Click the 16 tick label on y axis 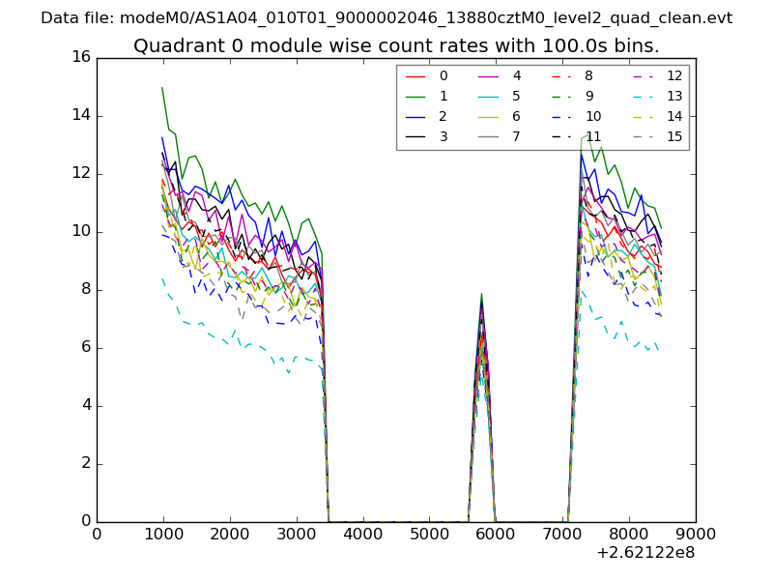tap(80, 57)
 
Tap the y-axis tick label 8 tap(85, 289)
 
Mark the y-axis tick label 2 tap(85, 463)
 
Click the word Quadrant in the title tap(171, 46)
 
